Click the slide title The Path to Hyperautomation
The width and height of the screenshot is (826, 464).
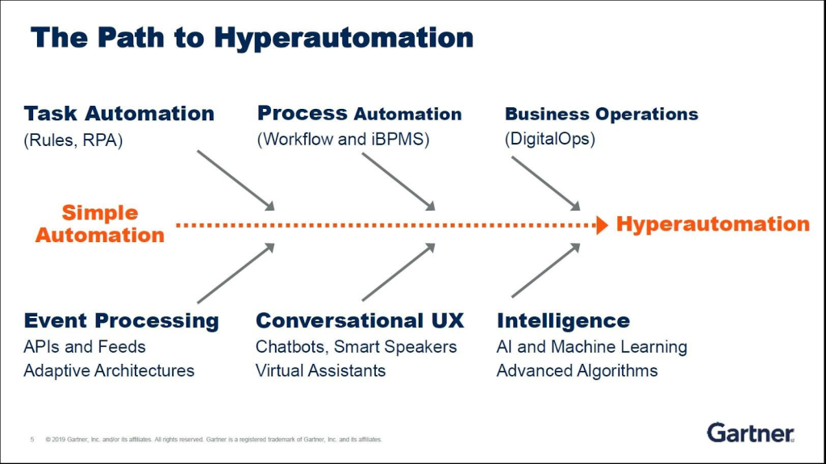tap(252, 37)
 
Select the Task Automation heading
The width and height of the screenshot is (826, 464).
tap(119, 114)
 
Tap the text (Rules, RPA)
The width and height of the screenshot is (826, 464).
tap(73, 140)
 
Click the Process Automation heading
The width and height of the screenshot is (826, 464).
tap(359, 114)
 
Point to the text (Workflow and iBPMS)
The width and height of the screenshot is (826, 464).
tap(343, 140)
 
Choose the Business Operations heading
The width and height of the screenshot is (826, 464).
tap(601, 114)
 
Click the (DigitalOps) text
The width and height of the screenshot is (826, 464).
tap(549, 140)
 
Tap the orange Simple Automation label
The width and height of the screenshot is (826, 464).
tap(100, 224)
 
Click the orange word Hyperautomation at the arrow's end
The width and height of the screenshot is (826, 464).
tap(712, 224)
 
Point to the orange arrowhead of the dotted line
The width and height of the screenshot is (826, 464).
tap(601, 225)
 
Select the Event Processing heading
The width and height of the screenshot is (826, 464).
tap(121, 320)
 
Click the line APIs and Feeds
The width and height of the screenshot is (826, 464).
tap(85, 347)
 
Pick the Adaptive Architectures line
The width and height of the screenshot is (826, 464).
tap(109, 371)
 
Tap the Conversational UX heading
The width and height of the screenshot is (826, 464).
tap(360, 320)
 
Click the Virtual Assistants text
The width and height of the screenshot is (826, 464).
tap(320, 371)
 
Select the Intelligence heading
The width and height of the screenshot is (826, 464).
tap(563, 320)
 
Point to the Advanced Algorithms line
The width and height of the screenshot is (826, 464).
tap(577, 371)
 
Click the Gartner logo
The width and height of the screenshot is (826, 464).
tap(750, 433)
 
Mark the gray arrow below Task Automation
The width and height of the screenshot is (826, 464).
tap(236, 180)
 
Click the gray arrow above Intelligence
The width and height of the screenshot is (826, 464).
tap(545, 271)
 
